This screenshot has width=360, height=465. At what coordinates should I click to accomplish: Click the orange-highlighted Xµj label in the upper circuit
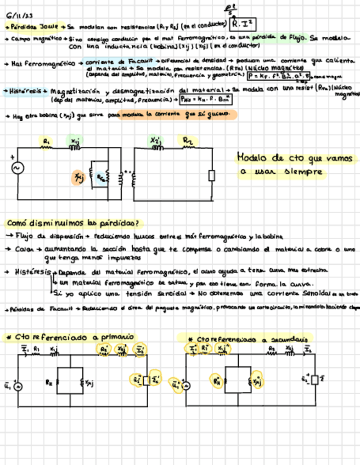tap(78, 176)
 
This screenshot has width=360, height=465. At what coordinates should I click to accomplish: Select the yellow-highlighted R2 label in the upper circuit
tap(188, 141)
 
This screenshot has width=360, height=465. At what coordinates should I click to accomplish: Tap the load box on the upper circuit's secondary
tap(211, 175)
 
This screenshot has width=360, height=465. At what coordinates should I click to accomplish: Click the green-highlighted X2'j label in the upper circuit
tap(156, 141)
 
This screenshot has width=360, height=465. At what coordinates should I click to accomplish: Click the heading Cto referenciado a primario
tap(71, 336)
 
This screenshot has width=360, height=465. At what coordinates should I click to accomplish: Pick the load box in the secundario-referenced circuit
tap(314, 380)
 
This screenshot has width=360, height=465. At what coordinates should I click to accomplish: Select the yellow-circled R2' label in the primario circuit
tap(104, 348)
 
